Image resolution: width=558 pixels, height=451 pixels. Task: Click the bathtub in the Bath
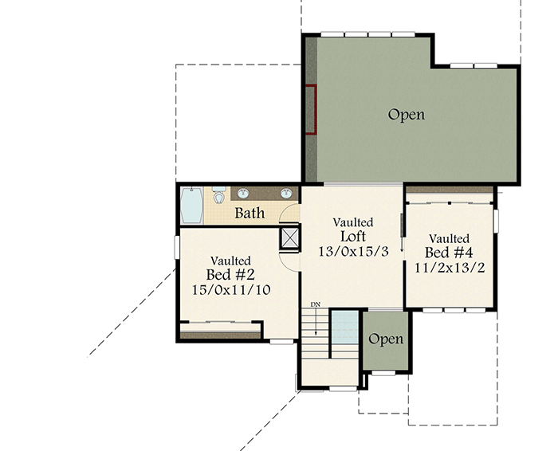[x=192, y=205]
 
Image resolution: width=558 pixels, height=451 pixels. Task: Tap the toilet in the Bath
[x=219, y=196]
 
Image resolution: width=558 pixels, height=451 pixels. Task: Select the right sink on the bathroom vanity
[x=285, y=194]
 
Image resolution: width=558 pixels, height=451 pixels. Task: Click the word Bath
[x=250, y=214]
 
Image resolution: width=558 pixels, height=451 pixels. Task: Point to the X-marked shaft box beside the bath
[x=289, y=237]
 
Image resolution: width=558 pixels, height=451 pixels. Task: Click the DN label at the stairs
[x=315, y=305]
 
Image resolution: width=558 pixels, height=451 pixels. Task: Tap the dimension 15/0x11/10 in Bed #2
[x=231, y=290]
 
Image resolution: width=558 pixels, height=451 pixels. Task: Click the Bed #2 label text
[x=231, y=275]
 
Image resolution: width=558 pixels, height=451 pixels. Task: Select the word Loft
[x=353, y=236]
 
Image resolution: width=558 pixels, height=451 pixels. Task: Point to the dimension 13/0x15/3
[x=353, y=252]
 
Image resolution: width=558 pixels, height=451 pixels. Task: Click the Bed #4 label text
[x=449, y=253]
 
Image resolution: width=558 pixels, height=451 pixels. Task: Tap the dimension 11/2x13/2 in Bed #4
[x=449, y=268]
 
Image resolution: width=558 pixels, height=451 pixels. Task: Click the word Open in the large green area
[x=407, y=115]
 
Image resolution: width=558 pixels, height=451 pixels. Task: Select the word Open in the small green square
[x=386, y=340]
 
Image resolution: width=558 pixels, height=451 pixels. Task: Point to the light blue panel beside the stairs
[x=345, y=328]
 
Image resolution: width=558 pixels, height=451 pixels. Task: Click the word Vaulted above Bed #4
[x=449, y=238]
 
